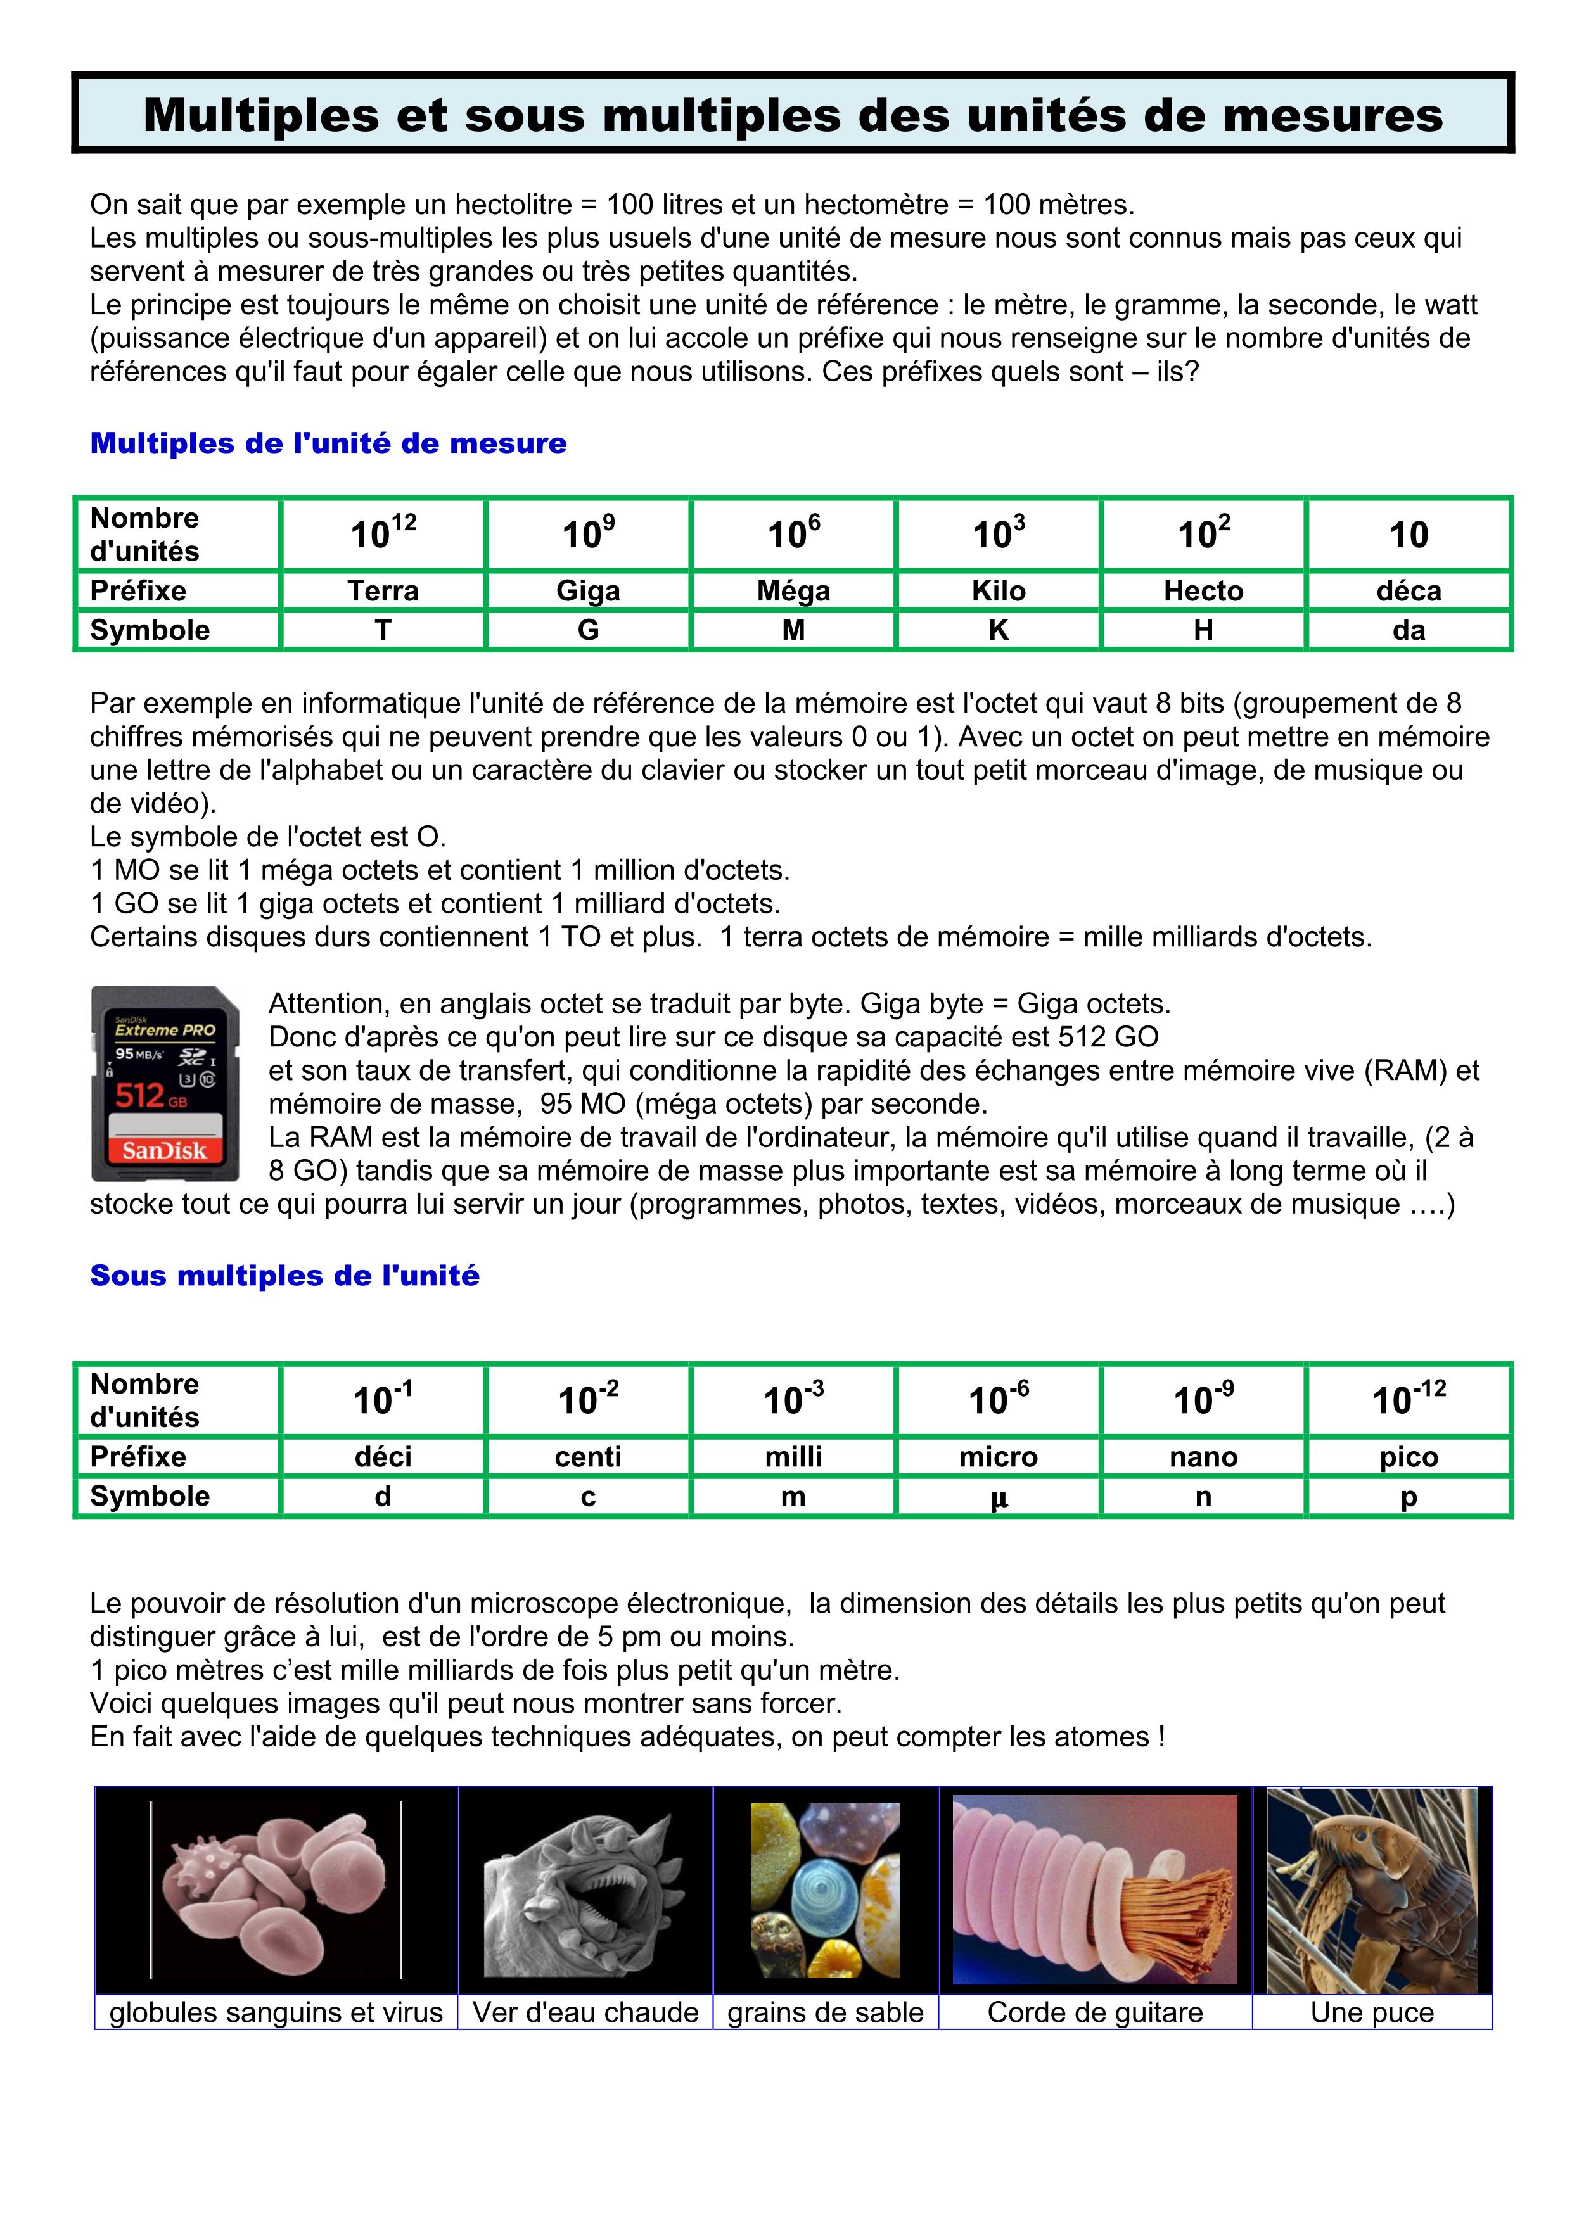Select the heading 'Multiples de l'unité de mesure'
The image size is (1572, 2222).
[x=328, y=443]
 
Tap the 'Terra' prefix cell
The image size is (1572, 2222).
[x=383, y=590]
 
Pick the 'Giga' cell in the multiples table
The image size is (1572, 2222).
[x=589, y=590]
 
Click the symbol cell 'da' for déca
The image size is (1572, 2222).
[x=1409, y=630]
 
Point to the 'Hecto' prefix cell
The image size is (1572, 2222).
[x=1203, y=590]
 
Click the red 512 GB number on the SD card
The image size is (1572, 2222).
[x=141, y=1095]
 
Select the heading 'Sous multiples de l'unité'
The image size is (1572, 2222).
[x=284, y=1276]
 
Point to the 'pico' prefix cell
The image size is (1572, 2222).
[x=1409, y=1456]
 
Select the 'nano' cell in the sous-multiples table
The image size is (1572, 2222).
[x=1203, y=1456]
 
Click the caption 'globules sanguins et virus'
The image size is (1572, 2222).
[x=276, y=2013]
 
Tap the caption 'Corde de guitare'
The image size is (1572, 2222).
[x=1095, y=2013]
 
